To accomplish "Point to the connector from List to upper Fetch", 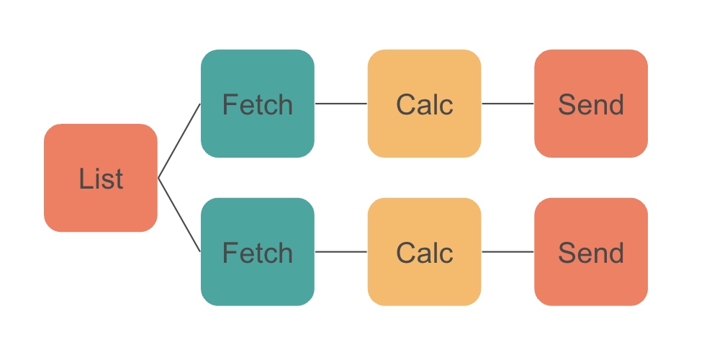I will tap(179, 141).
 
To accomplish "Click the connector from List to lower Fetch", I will tap(179, 215).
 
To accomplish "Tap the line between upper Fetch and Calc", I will tap(341, 104).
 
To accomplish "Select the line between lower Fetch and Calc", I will tap(341, 252).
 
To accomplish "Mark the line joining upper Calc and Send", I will tap(508, 104).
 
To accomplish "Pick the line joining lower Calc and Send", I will tap(508, 252).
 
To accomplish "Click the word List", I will tap(101, 179).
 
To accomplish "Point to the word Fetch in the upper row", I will tap(257, 105).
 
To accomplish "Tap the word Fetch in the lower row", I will tap(257, 253).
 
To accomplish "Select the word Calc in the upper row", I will tap(424, 105).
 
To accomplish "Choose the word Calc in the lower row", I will tap(424, 253).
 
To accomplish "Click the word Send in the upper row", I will tap(591, 105).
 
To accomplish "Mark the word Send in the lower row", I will tap(591, 253).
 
